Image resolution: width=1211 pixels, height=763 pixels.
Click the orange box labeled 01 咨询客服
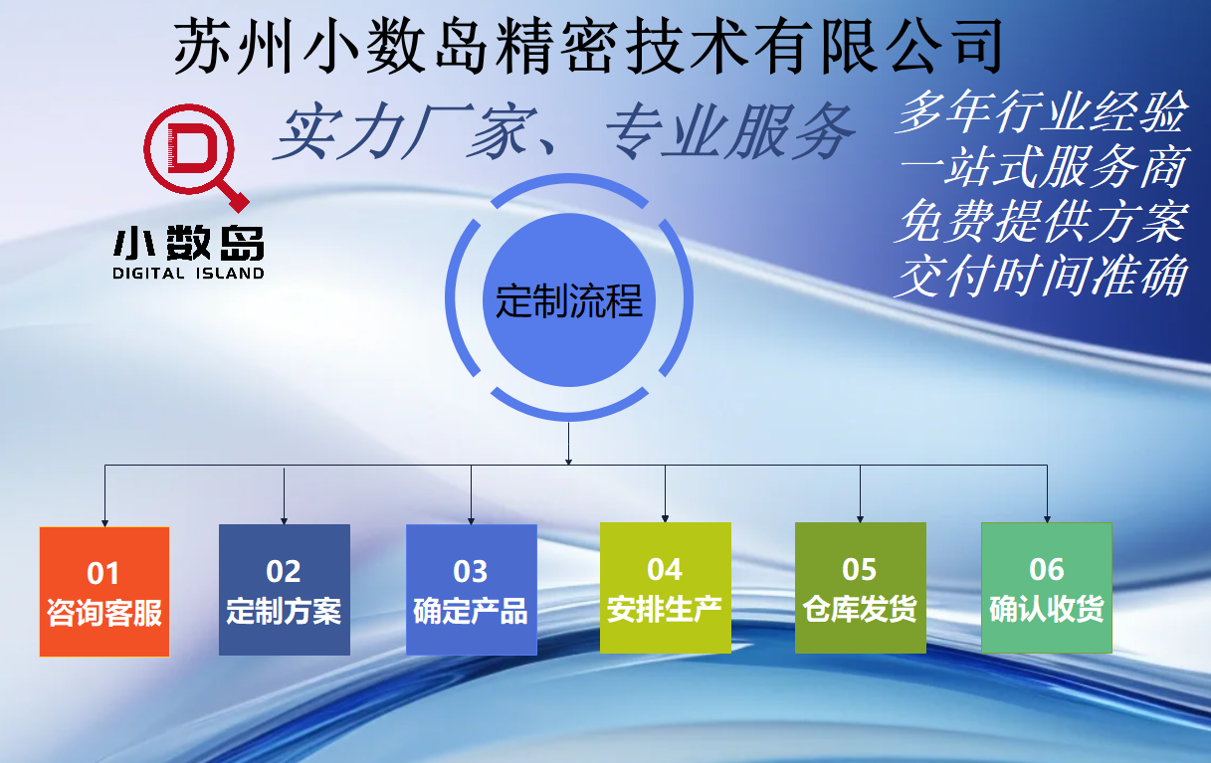[x=104, y=592]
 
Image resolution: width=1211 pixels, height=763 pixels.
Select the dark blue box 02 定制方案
[x=285, y=590]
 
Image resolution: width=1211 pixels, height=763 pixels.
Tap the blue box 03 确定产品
[x=472, y=590]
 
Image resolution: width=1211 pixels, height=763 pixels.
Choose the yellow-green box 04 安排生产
[x=666, y=588]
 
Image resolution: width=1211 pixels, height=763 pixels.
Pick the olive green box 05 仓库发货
[x=861, y=588]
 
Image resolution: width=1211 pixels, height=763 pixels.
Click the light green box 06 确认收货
[x=1047, y=588]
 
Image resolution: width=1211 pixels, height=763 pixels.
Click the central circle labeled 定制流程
[x=569, y=299]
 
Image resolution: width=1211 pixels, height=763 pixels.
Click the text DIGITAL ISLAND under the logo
[x=188, y=273]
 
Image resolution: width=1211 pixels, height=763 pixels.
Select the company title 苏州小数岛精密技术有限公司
[x=588, y=46]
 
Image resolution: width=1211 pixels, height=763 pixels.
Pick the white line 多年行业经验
[x=1041, y=111]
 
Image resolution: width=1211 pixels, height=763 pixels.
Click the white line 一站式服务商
[x=1044, y=166]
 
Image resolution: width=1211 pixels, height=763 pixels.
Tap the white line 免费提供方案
[x=1041, y=222]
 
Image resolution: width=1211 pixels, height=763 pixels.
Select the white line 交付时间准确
[x=1041, y=277]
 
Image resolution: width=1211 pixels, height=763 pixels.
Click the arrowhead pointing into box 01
[x=104, y=523]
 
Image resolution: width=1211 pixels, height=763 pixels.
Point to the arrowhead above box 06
[x=1047, y=519]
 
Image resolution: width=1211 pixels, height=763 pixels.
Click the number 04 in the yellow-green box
[x=665, y=569]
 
